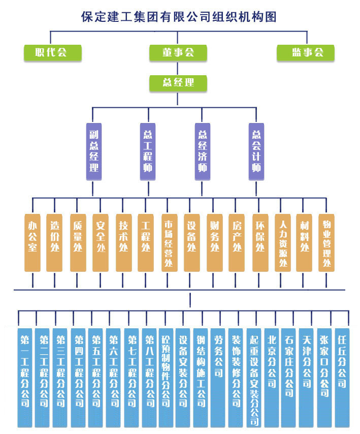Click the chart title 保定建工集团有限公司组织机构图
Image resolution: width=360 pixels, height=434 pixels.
tap(179, 17)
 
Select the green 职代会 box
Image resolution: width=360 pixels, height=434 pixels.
tap(53, 53)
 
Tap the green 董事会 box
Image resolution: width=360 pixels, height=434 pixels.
tap(178, 53)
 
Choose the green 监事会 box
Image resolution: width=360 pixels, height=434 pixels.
tap(306, 53)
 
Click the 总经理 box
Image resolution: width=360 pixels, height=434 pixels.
tap(178, 83)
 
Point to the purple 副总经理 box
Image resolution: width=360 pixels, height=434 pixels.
tap(93, 151)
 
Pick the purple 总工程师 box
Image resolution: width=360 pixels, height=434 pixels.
tap(148, 151)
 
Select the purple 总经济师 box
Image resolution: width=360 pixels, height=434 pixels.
tap(203, 151)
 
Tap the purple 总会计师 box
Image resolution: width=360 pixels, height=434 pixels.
tap(256, 151)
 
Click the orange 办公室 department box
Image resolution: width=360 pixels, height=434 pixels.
tap(32, 242)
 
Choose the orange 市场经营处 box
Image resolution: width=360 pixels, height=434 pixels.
tap(169, 242)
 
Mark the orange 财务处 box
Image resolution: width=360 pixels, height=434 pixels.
tap(214, 242)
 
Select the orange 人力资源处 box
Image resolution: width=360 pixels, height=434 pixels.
tap(283, 242)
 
